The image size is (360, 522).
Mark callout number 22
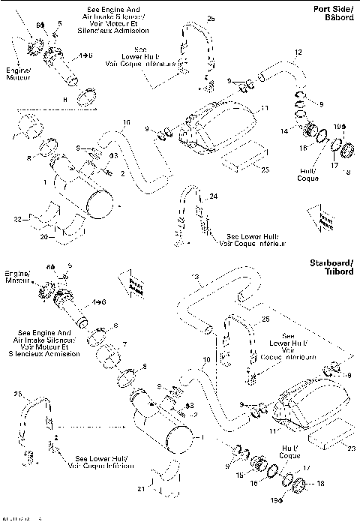[16, 218]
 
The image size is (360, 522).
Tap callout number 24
[214, 196]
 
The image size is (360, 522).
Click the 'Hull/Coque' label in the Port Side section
[307, 174]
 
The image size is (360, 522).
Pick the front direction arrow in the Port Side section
[325, 222]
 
